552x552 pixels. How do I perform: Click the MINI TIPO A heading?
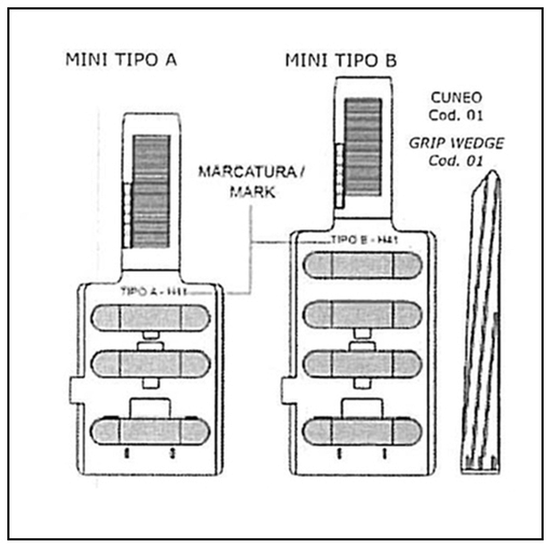point(121,59)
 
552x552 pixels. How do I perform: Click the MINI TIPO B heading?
point(341,60)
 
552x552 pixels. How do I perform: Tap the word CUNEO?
point(456,98)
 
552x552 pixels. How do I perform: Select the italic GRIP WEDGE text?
point(456,144)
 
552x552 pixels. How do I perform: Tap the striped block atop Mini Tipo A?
point(151,191)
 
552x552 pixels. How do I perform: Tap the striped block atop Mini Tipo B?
point(363,147)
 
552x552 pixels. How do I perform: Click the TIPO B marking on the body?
point(364,240)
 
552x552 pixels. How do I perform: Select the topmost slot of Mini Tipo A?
point(150,318)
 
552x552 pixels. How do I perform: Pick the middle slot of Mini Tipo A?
point(150,364)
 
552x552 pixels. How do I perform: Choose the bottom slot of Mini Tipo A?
point(150,431)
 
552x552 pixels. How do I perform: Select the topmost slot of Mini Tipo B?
point(362,265)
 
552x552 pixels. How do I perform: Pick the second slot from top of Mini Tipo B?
point(362,315)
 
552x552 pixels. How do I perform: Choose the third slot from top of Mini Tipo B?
point(362,364)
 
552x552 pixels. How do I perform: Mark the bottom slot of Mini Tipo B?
point(362,431)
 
